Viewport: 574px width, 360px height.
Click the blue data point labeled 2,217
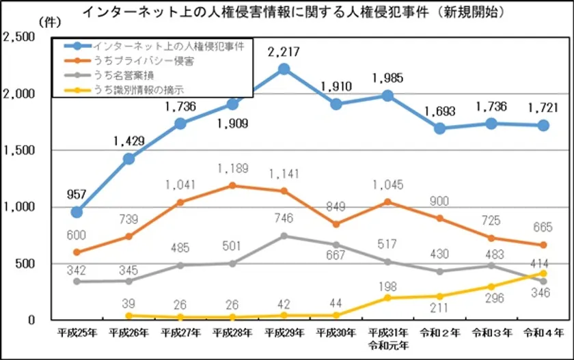(284, 68)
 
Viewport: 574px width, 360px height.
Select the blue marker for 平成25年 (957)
(76, 212)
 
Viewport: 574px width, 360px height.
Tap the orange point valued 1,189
(232, 185)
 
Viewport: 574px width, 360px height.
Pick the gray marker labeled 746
(284, 236)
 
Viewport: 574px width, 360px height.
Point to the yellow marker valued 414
(543, 273)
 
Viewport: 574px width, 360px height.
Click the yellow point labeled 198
(387, 298)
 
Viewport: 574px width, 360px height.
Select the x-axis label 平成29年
(284, 333)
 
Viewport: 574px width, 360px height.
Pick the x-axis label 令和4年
(543, 333)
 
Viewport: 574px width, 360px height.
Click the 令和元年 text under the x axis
(387, 345)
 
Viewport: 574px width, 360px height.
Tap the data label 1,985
(388, 79)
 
